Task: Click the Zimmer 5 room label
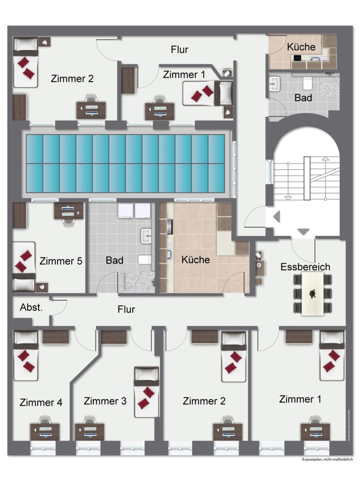[61, 261]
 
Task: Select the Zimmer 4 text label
[41, 403]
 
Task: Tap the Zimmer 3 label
[105, 401]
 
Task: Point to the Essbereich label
[305, 267]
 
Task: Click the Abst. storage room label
[31, 308]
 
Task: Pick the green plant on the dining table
[312, 294]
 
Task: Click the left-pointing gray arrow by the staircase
[277, 217]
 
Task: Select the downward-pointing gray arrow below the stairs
[304, 231]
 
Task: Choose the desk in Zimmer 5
[68, 211]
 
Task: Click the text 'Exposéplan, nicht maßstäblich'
[327, 460]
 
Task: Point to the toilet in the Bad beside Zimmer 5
[144, 259]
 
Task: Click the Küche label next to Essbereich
[196, 259]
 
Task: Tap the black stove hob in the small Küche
[297, 58]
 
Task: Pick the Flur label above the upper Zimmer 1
[180, 49]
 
